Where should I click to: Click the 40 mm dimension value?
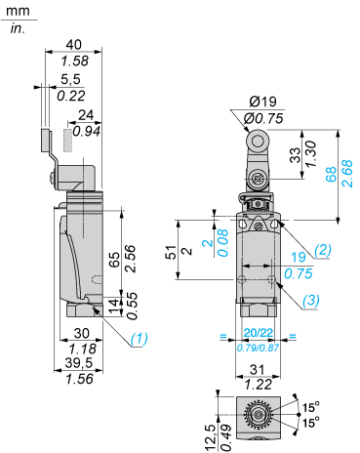[x=74, y=45]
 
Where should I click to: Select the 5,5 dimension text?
[x=70, y=79]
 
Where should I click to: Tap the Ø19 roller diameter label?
[x=262, y=102]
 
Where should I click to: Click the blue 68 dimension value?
[x=331, y=174]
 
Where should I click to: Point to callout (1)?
[x=140, y=339]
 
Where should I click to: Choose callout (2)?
[x=322, y=250]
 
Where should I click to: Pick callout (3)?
[x=311, y=300]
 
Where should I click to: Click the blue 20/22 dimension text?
[x=259, y=333]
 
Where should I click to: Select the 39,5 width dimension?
[x=79, y=363]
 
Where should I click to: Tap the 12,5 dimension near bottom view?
[x=211, y=434]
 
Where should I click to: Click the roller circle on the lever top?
[x=258, y=142]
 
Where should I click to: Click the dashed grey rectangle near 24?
[x=67, y=141]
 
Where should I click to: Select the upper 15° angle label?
[x=311, y=407]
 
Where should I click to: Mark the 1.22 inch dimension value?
[x=259, y=385]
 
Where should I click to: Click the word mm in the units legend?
[x=18, y=12]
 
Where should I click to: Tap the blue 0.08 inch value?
[x=223, y=243]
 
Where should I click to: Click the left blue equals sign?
[x=223, y=336]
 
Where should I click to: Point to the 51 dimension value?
[x=172, y=252]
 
